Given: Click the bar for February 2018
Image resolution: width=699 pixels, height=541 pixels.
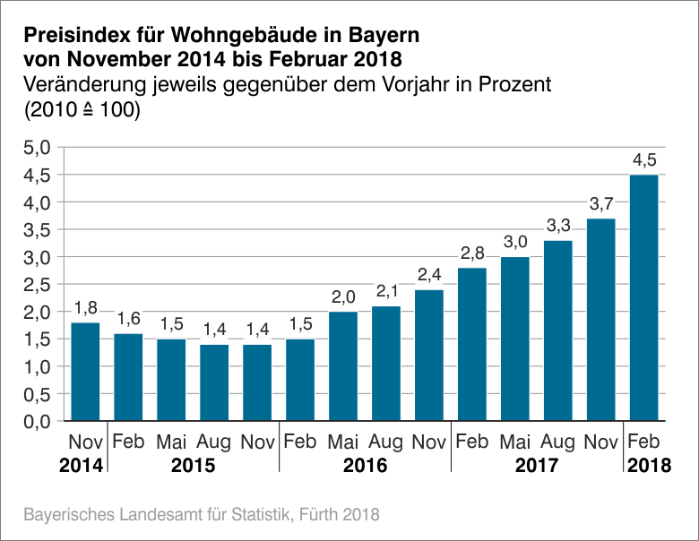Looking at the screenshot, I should click(644, 297).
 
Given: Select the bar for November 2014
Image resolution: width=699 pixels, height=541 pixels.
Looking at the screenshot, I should click(85, 371).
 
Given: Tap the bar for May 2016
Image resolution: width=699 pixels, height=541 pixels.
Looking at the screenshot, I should click(343, 365).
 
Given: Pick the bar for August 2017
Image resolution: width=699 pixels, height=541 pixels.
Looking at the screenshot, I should click(558, 330).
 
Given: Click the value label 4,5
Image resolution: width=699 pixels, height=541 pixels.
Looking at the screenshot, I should click(644, 161).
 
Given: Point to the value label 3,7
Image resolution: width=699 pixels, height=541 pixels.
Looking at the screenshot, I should click(601, 205).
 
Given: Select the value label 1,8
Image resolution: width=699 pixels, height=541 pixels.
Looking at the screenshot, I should click(85, 309).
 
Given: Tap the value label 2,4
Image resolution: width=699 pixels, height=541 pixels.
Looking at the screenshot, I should click(429, 276).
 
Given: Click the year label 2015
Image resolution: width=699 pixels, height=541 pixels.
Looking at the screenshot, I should click(193, 466).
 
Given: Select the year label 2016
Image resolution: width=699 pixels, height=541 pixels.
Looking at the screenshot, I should click(365, 466).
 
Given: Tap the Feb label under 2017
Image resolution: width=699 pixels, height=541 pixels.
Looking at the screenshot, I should click(472, 442).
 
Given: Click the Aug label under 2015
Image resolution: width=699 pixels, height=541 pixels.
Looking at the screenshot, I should click(214, 442).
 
